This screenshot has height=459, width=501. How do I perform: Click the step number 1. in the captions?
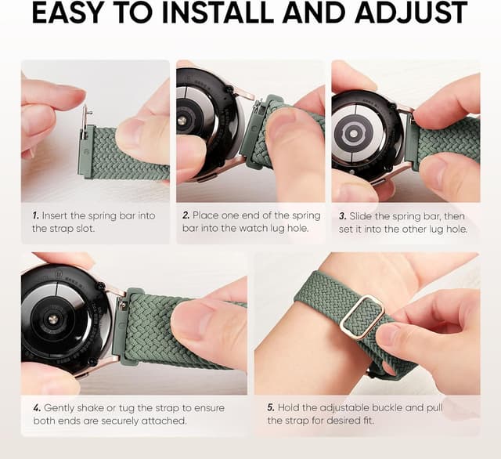pos(35,215)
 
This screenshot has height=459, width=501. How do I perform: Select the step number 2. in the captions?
pos(186,215)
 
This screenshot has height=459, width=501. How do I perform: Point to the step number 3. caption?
pos(341,215)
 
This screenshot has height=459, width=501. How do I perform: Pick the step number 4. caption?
pos(36,407)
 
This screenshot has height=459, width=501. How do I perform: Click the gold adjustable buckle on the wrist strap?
pos(361,316)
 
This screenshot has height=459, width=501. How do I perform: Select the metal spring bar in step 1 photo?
pos(85,122)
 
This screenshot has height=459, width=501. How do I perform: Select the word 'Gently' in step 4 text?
pos(60,407)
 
